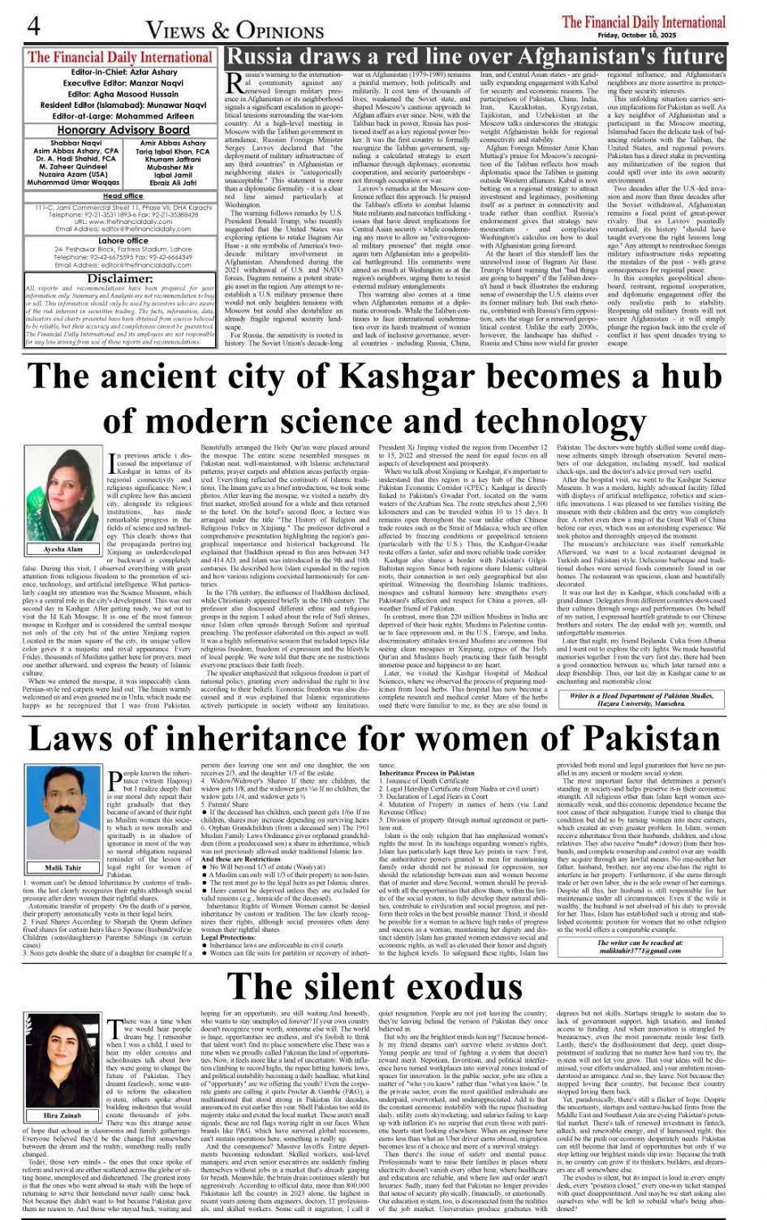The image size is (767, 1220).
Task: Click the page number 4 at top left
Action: (x=33, y=26)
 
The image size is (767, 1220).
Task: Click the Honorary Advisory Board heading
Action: (x=123, y=130)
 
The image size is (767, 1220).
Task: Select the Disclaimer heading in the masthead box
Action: (x=120, y=278)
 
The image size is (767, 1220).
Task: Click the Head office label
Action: (x=123, y=195)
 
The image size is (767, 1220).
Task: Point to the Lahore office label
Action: (x=123, y=241)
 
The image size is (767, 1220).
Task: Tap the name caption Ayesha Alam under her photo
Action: (x=63, y=549)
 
